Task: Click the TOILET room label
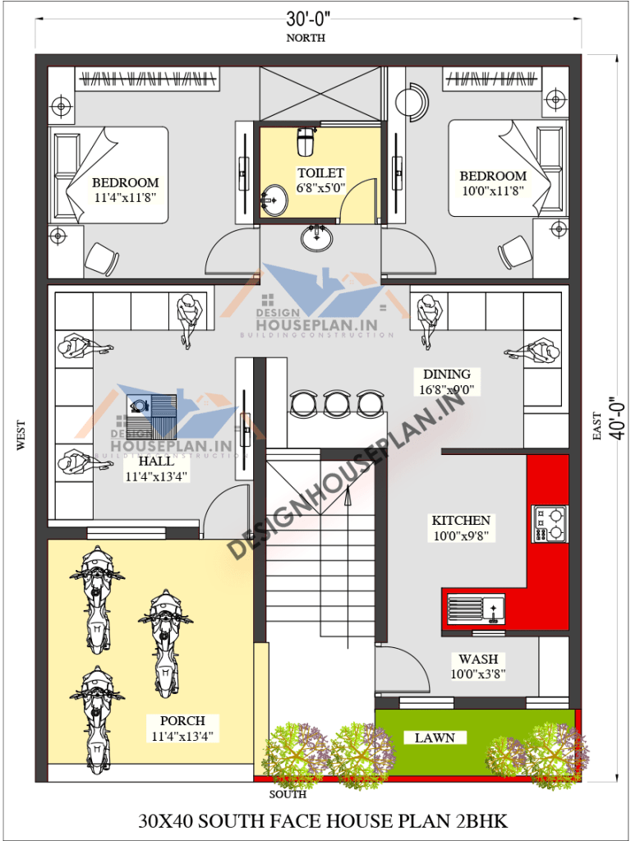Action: pyautogui.click(x=320, y=173)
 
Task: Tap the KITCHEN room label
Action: pyautogui.click(x=461, y=521)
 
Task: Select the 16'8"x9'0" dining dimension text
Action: pyautogui.click(x=447, y=390)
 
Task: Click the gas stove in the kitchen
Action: pyautogui.click(x=550, y=523)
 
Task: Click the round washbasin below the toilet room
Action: pyautogui.click(x=316, y=238)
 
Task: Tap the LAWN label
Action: pyautogui.click(x=435, y=738)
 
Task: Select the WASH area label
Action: pyautogui.click(x=477, y=659)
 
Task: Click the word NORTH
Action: pyautogui.click(x=305, y=38)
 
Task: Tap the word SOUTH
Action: pyautogui.click(x=288, y=794)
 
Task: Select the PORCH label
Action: pyautogui.click(x=182, y=721)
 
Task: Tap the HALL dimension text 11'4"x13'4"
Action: pyautogui.click(x=158, y=476)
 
